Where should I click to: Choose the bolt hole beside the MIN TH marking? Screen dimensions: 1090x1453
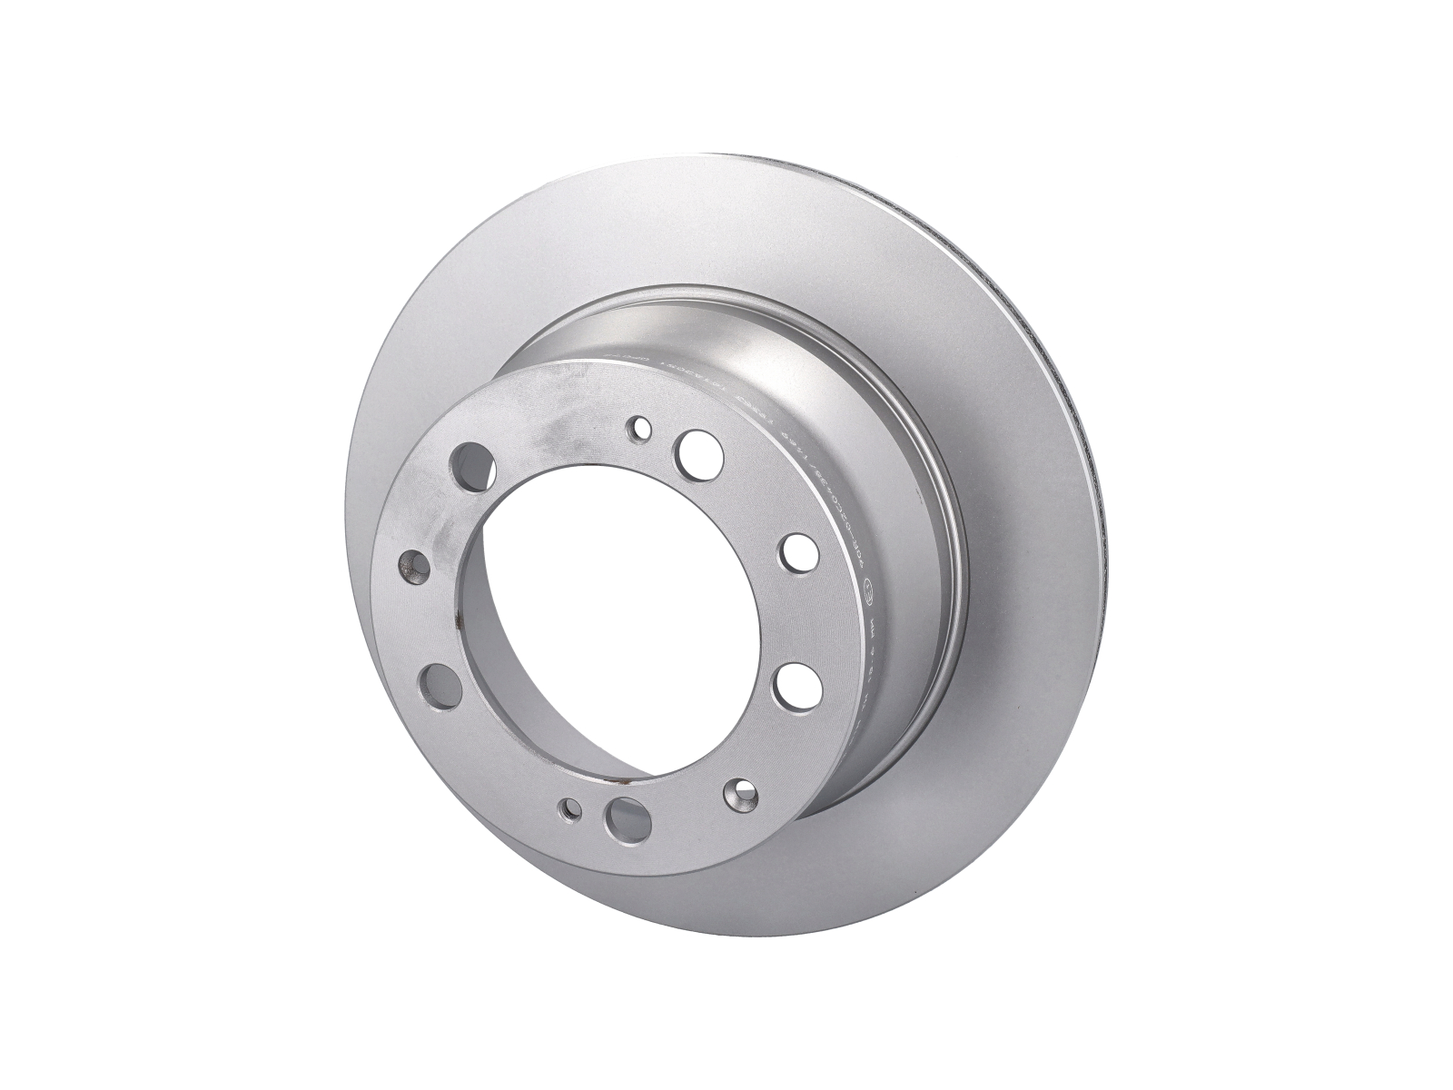pos(796,683)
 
